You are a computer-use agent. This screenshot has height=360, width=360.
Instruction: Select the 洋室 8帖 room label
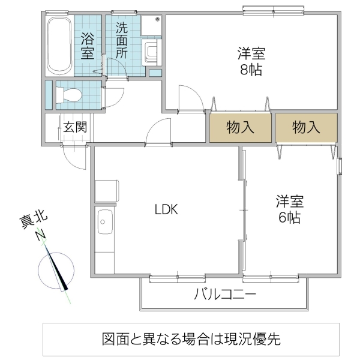(250, 61)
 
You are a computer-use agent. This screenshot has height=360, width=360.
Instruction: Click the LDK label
(166, 209)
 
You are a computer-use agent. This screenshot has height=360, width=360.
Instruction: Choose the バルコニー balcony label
(225, 295)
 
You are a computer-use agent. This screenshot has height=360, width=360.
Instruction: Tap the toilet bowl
(68, 94)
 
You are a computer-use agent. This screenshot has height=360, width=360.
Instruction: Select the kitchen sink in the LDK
(105, 226)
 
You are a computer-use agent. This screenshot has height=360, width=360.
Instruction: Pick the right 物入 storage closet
(305, 127)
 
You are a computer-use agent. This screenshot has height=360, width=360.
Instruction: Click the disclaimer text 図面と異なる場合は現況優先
(191, 340)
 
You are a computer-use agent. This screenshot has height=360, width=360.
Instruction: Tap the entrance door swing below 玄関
(76, 158)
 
